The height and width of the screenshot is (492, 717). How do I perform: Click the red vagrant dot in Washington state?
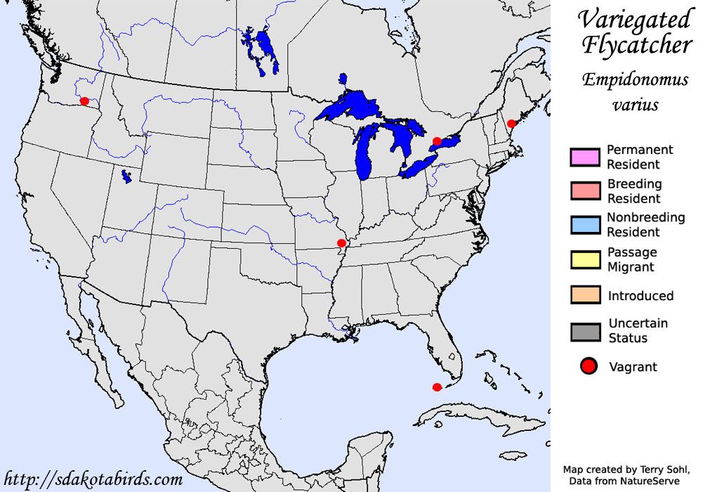84,101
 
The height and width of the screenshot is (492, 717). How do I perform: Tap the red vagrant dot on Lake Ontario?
437,141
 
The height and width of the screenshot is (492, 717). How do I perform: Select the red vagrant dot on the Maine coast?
512,123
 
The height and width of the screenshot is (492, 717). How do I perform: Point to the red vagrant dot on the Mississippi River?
341,243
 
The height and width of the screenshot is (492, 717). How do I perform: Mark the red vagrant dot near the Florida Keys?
437,387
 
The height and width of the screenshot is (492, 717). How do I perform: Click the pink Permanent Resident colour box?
585,157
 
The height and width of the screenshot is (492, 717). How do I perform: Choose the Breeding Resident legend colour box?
585,191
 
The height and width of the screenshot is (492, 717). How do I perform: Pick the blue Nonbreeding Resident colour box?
585,225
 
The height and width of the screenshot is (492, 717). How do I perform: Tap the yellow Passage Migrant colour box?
585,259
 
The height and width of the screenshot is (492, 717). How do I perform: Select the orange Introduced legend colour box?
585,295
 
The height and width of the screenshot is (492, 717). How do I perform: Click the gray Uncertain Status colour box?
585,330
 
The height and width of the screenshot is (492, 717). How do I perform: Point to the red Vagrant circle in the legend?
588,366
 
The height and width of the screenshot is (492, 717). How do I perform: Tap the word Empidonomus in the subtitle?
635,79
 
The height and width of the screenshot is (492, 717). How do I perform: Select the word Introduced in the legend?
640,296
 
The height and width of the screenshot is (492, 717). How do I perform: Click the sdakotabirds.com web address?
93,480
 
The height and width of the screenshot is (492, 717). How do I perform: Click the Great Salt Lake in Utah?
126,176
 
